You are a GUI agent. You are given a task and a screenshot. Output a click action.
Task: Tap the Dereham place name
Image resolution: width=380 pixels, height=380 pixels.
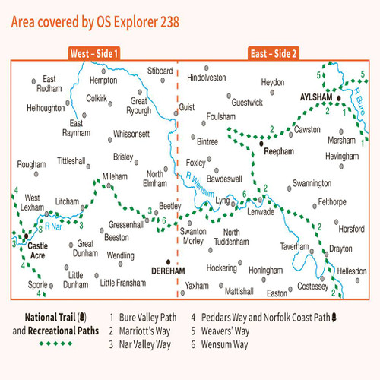click(x=168, y=270)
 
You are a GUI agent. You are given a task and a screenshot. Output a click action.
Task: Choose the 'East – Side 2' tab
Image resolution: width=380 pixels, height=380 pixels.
click(x=273, y=55)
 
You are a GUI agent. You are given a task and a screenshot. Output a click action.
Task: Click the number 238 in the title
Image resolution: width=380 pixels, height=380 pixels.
click(x=166, y=22)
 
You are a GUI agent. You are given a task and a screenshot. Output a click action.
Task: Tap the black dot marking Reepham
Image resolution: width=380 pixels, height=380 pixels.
click(x=261, y=142)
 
